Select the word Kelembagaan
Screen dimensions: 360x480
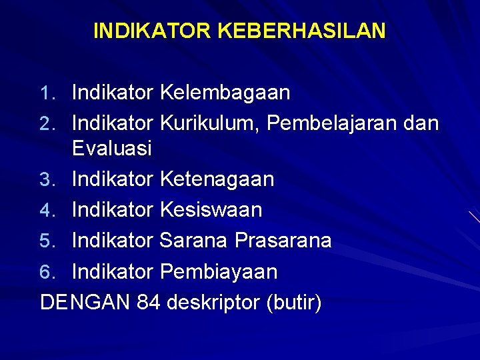click(x=225, y=93)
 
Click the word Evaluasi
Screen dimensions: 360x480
click(x=112, y=147)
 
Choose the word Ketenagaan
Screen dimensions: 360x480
click(x=217, y=179)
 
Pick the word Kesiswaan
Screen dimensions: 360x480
click(x=211, y=209)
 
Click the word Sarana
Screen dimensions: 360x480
click(x=194, y=240)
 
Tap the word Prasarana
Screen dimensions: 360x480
click(x=283, y=240)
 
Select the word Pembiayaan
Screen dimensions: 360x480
click(x=219, y=271)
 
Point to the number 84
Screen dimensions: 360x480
click(x=149, y=302)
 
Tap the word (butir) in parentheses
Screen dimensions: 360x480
click(x=293, y=303)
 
